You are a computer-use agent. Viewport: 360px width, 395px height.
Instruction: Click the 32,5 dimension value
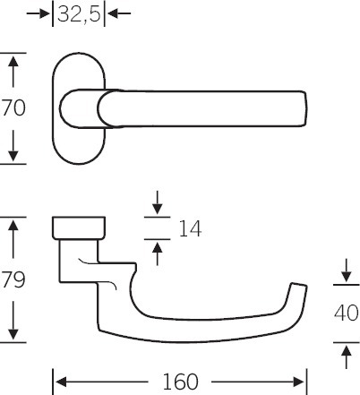tap(79, 13)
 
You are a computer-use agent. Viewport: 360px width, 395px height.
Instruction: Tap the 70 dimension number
tap(13, 108)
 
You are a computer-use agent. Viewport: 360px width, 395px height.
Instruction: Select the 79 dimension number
tap(13, 279)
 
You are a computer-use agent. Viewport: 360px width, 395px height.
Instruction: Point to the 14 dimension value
tap(190, 229)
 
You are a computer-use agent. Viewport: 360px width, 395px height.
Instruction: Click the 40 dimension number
tap(347, 313)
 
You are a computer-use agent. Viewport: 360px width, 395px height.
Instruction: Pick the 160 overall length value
tap(180, 382)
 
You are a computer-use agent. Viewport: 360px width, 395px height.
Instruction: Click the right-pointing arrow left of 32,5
tap(39, 13)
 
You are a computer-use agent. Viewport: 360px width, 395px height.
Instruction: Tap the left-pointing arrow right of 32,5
tap(119, 13)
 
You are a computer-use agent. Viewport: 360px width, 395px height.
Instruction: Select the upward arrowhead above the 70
tap(13, 61)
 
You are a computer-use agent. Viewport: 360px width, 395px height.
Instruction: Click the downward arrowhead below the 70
tap(13, 156)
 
